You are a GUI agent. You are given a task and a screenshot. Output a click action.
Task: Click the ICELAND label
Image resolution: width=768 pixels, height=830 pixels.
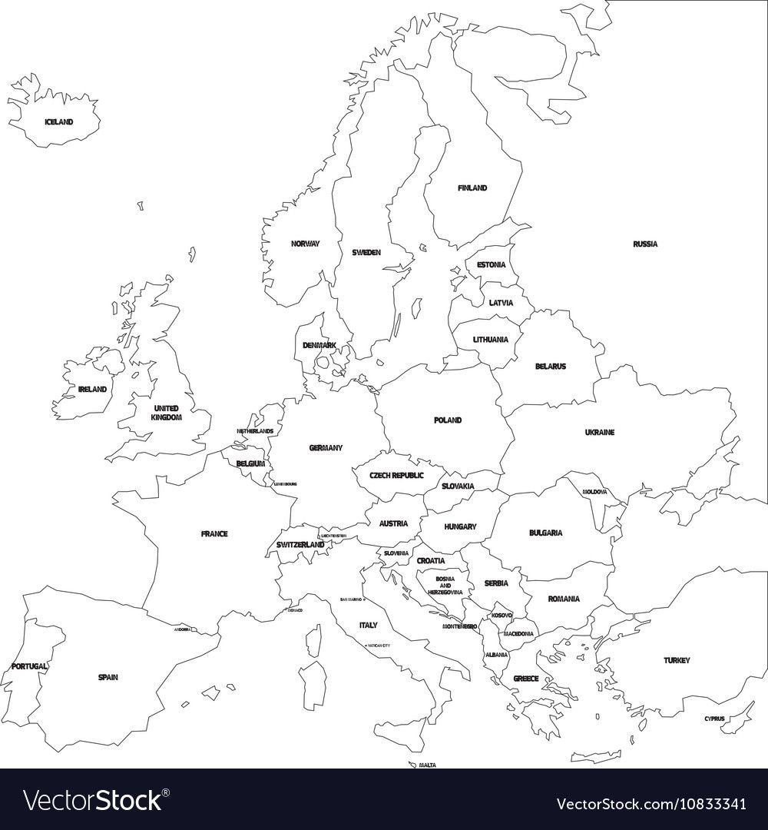[x=58, y=122]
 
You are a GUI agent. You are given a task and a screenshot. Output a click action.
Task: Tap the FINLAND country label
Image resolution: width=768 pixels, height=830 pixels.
[x=472, y=188]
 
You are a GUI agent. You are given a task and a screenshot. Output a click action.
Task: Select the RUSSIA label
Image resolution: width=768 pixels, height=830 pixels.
[x=645, y=244]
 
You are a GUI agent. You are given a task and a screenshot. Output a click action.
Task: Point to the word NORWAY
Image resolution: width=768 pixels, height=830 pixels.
[x=305, y=244]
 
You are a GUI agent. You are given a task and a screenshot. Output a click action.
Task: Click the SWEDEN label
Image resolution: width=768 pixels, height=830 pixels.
[x=366, y=252]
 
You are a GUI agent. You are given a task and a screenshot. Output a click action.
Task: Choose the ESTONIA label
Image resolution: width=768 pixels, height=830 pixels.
[x=492, y=264]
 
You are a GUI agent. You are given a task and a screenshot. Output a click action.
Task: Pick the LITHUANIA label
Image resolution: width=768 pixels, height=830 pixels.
[x=490, y=339]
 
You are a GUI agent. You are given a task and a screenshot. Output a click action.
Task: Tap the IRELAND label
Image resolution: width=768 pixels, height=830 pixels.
[x=92, y=390]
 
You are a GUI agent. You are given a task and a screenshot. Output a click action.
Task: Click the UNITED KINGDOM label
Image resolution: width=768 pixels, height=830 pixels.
[x=166, y=413]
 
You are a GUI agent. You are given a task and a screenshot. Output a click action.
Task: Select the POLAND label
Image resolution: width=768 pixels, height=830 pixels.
[x=448, y=420]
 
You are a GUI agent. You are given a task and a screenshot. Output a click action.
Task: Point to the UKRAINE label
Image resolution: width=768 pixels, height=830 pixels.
[x=600, y=433]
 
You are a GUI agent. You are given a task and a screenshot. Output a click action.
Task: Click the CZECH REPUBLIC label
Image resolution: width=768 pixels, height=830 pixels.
[x=397, y=476]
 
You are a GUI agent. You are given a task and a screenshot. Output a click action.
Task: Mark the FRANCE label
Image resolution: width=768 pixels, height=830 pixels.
[x=214, y=533]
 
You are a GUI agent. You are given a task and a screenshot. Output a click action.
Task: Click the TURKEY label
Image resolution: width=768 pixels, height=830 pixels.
[x=677, y=660]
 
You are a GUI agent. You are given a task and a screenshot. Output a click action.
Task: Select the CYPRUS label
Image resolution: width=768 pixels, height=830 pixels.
[x=713, y=719]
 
